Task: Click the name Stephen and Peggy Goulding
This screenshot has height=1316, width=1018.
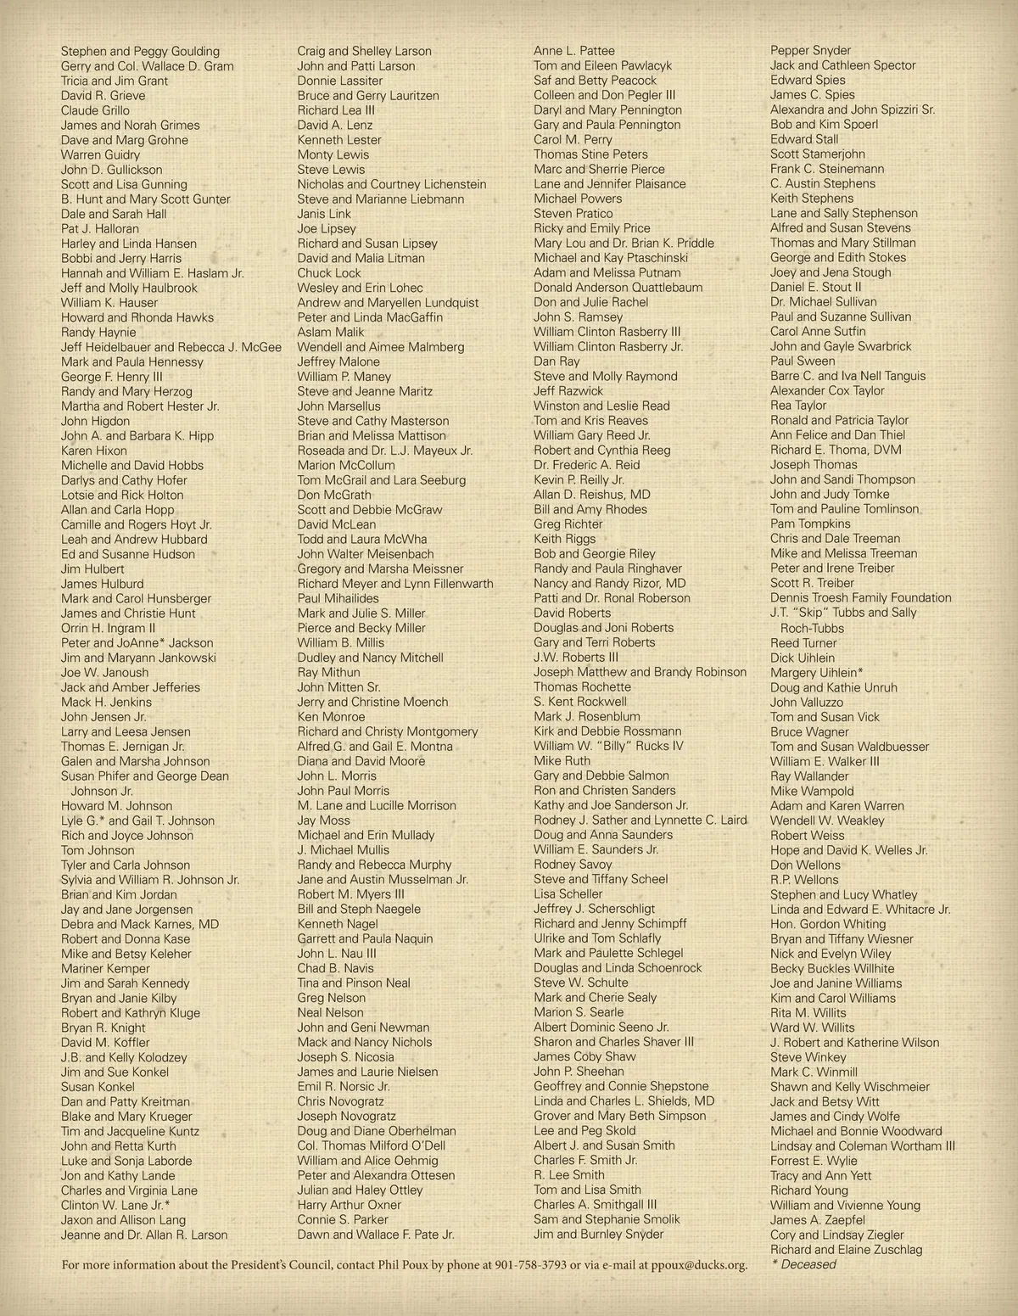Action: (140, 51)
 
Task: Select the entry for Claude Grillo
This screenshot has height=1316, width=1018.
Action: (95, 110)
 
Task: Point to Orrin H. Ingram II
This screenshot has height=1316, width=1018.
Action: (108, 628)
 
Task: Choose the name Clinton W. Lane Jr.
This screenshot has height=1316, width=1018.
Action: (115, 1205)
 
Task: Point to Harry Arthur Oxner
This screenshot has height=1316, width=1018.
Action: (349, 1205)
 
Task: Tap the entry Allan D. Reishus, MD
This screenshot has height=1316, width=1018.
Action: (592, 495)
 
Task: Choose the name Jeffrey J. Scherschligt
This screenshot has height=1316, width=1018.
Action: (594, 909)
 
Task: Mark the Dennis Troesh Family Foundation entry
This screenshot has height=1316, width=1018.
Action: (860, 597)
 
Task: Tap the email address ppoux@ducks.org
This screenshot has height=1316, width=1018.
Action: (700, 1265)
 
